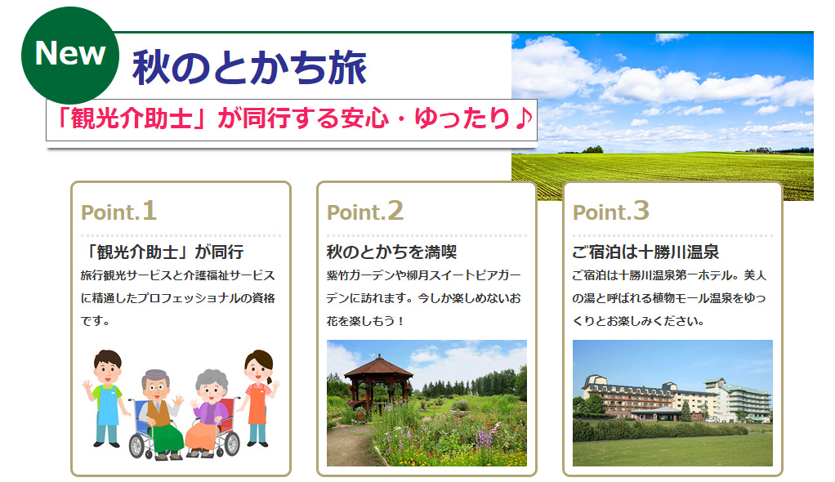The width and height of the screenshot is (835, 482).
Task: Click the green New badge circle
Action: (69, 55)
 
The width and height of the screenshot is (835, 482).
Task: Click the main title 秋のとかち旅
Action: (249, 68)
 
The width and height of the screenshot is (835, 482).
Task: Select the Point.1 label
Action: (118, 211)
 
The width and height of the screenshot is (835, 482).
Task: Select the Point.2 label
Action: (365, 211)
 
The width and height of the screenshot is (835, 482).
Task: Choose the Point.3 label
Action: (611, 211)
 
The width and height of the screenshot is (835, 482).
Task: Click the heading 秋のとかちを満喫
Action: (392, 252)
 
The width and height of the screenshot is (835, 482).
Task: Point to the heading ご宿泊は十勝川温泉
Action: (645, 252)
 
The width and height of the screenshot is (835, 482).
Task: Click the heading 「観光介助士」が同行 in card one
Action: (163, 252)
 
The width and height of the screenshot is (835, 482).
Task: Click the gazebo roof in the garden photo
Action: (378, 367)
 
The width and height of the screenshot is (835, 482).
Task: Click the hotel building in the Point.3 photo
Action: (676, 399)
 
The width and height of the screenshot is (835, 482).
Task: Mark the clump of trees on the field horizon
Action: (592, 150)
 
